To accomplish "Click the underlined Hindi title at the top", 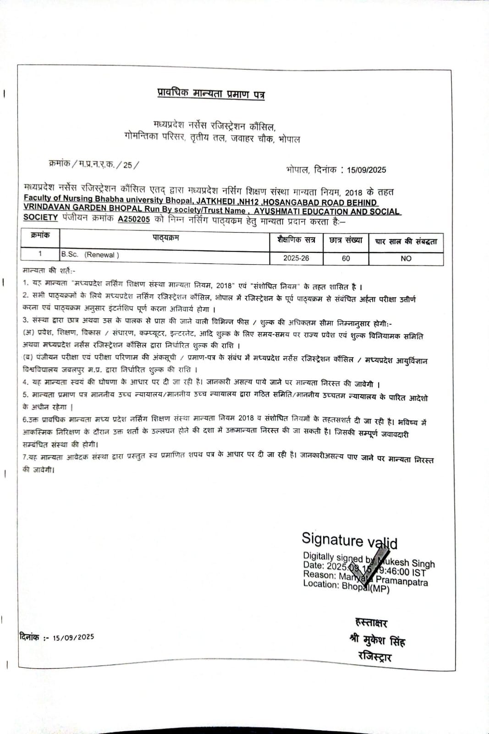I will tap(211, 94).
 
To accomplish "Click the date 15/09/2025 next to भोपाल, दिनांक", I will tap(366, 170).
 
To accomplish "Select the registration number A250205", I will tap(134, 219).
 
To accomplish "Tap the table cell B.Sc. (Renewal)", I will tap(90, 255).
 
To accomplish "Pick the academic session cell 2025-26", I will tap(296, 258).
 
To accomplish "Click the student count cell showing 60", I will tap(346, 258).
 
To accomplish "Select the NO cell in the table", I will tap(406, 258).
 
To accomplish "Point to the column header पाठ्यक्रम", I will tap(165, 238).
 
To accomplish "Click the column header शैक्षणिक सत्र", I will tap(296, 239).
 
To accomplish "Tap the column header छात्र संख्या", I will tap(346, 240).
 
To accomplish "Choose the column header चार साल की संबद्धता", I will tap(406, 241).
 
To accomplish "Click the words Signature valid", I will tap(349, 540).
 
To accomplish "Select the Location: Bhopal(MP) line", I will tap(346, 586).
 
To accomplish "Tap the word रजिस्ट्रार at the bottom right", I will tap(375, 656).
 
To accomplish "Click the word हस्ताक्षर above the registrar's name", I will tap(371, 623).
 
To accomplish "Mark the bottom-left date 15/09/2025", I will tap(73, 637).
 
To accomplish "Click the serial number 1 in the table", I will tap(40, 254).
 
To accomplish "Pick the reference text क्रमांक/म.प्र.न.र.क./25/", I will tap(93, 164).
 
